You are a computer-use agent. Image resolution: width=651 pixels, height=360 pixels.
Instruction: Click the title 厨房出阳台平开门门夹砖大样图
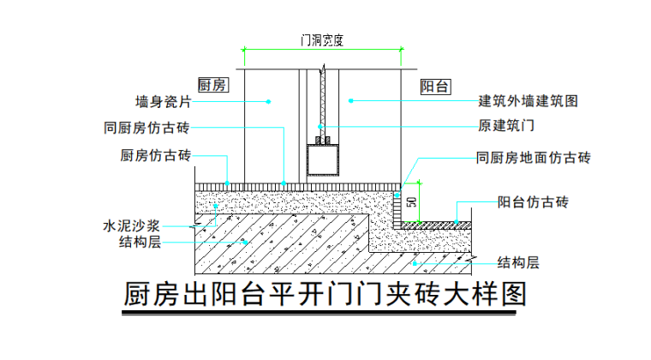325,295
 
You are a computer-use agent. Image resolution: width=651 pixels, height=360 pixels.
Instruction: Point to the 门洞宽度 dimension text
322,40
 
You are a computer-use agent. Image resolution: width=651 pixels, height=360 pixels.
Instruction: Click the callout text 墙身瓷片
163,101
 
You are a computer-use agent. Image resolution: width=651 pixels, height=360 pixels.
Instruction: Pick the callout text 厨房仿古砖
157,156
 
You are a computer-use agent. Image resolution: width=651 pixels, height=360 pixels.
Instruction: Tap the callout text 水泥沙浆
132,226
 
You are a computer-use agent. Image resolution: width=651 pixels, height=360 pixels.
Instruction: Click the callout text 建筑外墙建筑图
528,101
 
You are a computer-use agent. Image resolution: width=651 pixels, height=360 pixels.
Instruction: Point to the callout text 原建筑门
505,127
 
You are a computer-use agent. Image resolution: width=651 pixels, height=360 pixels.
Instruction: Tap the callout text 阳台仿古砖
533,202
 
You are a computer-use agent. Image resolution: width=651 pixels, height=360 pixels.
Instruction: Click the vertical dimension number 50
411,203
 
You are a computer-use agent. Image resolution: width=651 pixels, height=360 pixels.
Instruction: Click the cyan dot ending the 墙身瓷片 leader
268,101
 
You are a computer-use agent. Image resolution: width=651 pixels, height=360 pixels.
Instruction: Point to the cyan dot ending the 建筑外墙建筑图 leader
350,101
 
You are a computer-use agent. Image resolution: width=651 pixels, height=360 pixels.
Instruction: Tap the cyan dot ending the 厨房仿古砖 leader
227,182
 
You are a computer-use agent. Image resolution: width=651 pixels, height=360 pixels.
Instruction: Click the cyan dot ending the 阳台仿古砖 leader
457,224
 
